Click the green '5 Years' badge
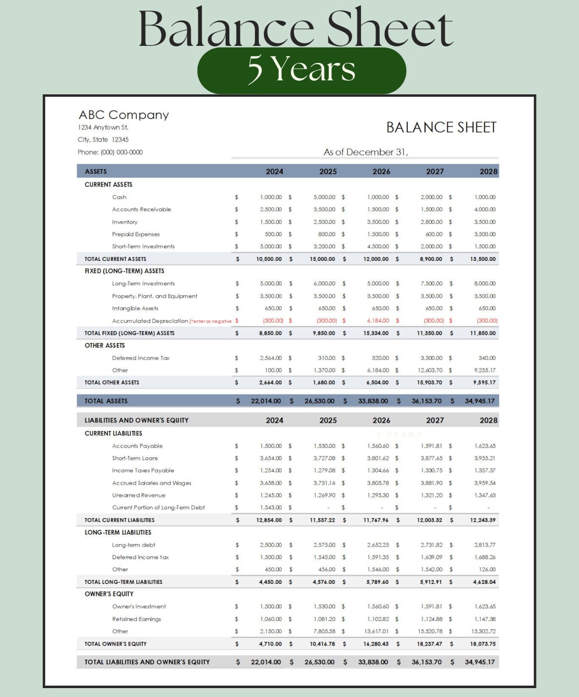(x=302, y=70)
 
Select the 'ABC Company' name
(x=124, y=115)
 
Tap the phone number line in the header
(x=110, y=152)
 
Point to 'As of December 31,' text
(x=365, y=152)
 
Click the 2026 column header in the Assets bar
(x=381, y=171)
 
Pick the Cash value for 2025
(x=324, y=197)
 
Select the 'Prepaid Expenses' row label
(x=136, y=234)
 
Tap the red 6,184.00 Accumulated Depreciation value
(x=378, y=321)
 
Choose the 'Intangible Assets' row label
(x=135, y=308)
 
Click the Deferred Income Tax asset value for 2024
(x=271, y=358)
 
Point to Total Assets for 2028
(x=479, y=401)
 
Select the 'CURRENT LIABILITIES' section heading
(x=113, y=433)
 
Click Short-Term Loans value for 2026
(x=378, y=458)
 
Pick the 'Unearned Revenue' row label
(x=139, y=495)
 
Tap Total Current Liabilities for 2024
(x=269, y=520)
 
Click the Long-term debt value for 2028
(x=485, y=545)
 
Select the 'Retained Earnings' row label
(x=136, y=619)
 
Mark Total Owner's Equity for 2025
(x=322, y=644)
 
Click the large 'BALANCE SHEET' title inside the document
(x=441, y=127)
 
